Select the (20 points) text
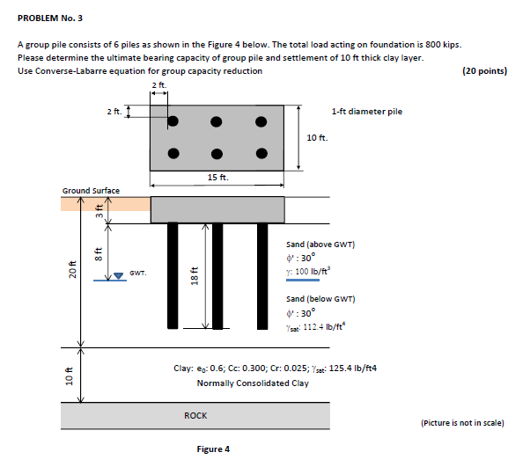(484, 71)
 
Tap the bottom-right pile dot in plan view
(261, 153)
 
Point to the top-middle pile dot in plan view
(217, 120)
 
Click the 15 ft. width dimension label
(217, 178)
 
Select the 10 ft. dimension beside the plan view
(318, 138)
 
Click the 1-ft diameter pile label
(366, 112)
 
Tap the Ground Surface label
(91, 190)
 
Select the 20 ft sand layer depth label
(72, 273)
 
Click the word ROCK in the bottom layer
(195, 414)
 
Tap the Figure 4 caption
(213, 449)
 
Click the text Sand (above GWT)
(320, 244)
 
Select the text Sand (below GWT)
(320, 299)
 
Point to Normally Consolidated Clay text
(253, 383)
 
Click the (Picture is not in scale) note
(463, 423)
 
